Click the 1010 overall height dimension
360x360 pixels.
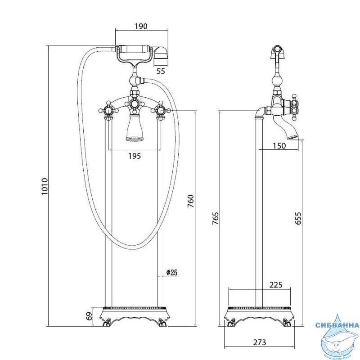[44, 186]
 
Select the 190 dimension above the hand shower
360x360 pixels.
[141, 27]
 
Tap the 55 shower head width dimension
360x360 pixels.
[161, 71]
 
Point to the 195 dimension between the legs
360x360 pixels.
[135, 156]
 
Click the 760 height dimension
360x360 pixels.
[190, 201]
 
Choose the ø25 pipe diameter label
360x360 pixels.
[172, 273]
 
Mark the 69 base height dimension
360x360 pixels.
[90, 316]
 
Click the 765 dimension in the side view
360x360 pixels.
[216, 219]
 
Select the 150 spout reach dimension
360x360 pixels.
[279, 146]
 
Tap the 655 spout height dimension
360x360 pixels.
[298, 218]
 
